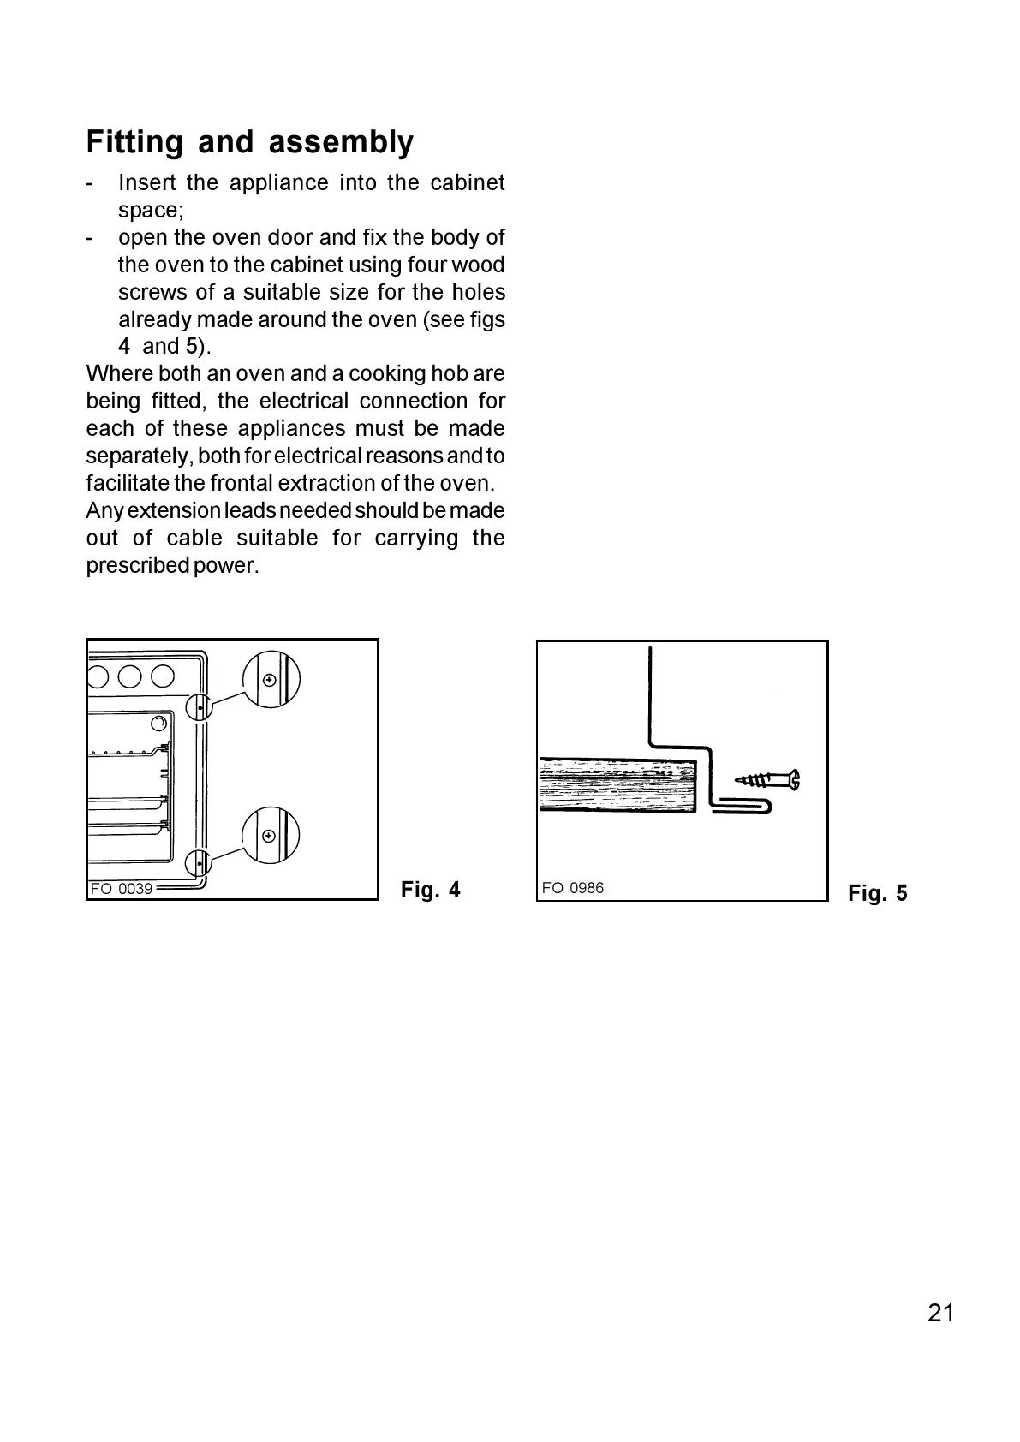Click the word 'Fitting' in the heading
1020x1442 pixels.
(134, 142)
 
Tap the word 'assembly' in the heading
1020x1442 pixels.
(341, 142)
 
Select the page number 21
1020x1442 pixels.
(940, 1313)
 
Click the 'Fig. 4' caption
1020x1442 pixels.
(430, 891)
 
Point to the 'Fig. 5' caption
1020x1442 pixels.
(877, 894)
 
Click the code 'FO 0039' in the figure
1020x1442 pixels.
(122, 889)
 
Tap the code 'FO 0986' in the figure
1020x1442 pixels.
(572, 888)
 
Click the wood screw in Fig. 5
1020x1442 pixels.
(767, 780)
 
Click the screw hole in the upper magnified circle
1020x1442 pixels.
(271, 680)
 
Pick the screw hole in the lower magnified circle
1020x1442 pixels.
(270, 836)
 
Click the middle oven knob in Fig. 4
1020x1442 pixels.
(129, 676)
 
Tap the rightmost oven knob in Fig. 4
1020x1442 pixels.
(163, 676)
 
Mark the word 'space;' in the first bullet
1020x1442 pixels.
(151, 210)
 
